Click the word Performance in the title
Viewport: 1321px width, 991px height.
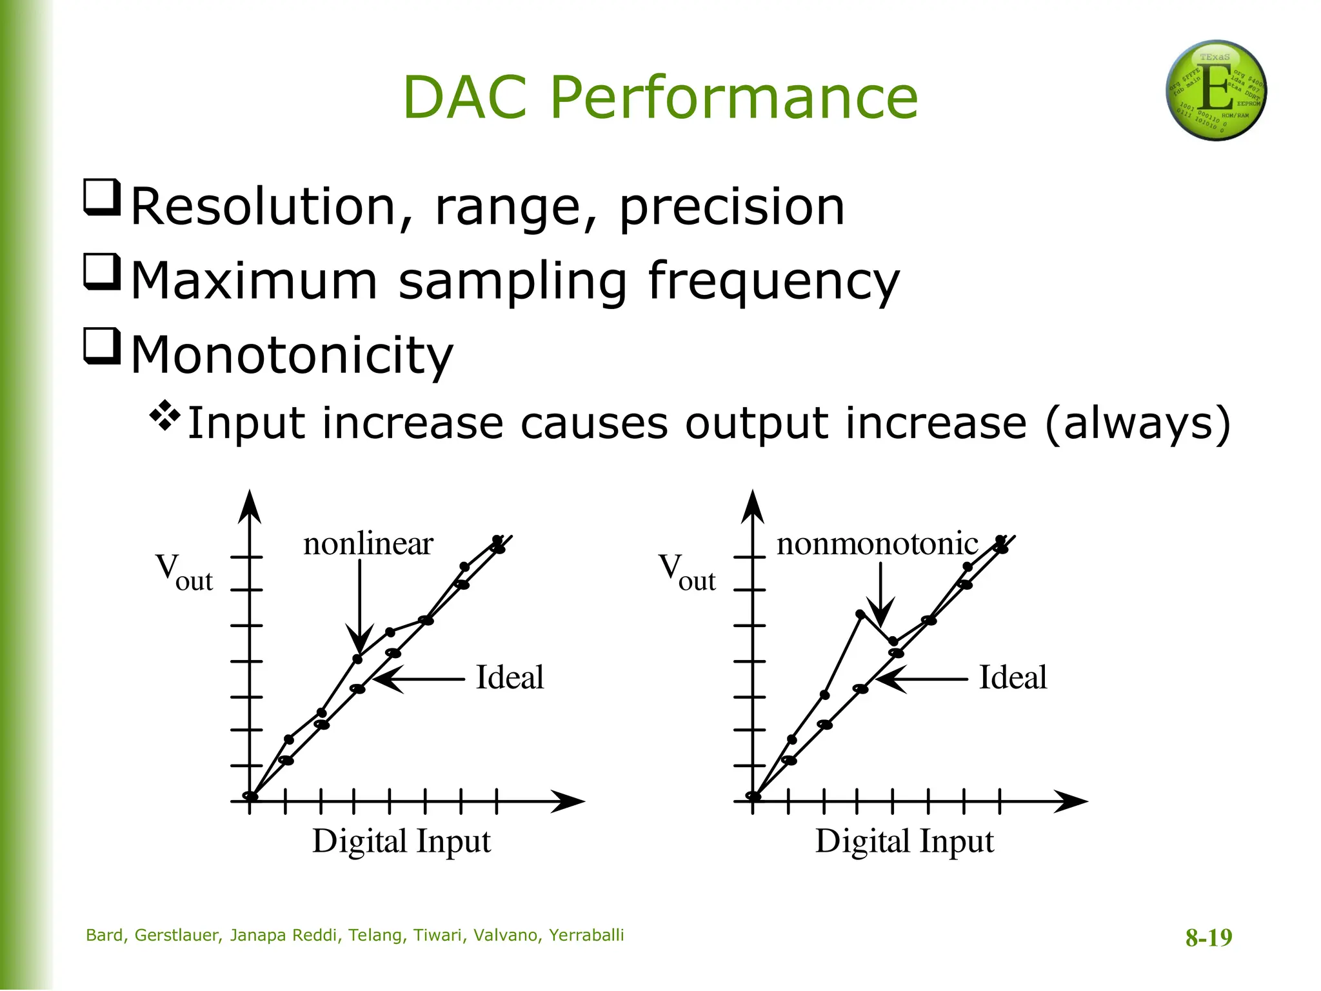click(x=733, y=98)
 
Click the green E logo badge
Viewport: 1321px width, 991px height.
click(x=1216, y=90)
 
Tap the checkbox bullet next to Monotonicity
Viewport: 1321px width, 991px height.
click(x=103, y=346)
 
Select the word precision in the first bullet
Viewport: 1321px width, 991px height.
click(x=731, y=207)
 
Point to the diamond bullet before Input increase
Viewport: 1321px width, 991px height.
click(x=165, y=416)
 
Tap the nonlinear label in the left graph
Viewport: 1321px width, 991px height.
click(x=368, y=543)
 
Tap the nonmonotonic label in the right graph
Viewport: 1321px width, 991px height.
click(x=877, y=543)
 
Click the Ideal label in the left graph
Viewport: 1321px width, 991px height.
click(x=510, y=677)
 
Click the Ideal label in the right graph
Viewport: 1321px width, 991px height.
click(x=1013, y=677)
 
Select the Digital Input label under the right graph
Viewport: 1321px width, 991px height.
click(x=904, y=841)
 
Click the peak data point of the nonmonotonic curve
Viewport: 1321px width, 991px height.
click(x=860, y=614)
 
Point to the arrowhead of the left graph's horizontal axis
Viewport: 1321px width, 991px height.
click(x=574, y=801)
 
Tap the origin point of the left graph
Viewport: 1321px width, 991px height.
click(x=250, y=796)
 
